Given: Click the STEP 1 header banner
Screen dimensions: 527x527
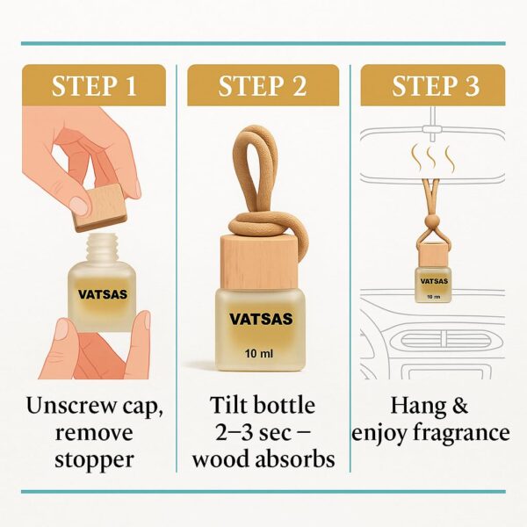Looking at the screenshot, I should (x=94, y=85).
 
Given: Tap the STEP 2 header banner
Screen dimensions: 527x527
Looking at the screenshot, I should (x=263, y=85).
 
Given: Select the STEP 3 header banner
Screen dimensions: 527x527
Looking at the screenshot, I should (x=432, y=85).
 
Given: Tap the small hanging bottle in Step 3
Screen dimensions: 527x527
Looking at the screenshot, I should (x=431, y=277).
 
